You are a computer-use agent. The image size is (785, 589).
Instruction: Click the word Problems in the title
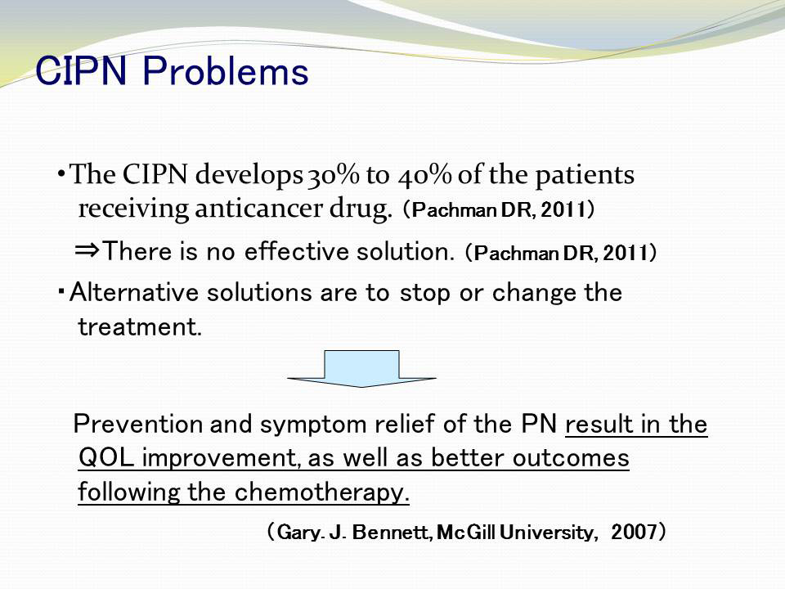click(226, 71)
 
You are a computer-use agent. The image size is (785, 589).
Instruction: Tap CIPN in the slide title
click(81, 71)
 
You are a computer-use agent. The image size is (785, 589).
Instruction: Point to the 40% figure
click(425, 175)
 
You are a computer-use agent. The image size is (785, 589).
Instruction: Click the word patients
click(585, 176)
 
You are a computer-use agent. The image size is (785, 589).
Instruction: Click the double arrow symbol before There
click(87, 250)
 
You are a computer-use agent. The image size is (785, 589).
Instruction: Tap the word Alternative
click(134, 292)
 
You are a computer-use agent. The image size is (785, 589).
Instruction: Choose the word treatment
click(140, 327)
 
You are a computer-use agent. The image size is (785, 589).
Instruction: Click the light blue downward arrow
click(361, 369)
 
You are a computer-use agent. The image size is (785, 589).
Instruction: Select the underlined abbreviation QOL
click(106, 458)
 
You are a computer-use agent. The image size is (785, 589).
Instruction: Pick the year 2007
click(633, 532)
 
